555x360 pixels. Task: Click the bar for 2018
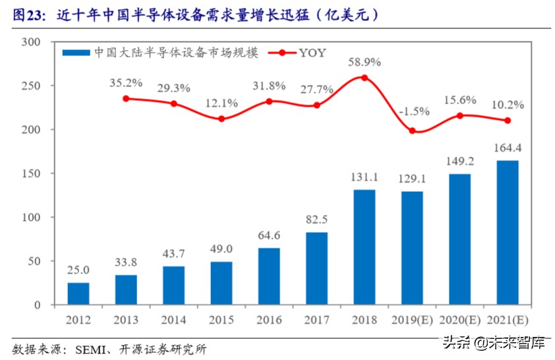pyautogui.click(x=365, y=247)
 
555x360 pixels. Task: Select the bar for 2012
pyautogui.click(x=78, y=293)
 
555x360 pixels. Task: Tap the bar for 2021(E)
pyautogui.click(x=508, y=233)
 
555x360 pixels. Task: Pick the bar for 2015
pyautogui.click(x=221, y=283)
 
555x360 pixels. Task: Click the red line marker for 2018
pyautogui.click(x=365, y=78)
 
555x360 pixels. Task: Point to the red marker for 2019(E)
pyautogui.click(x=412, y=131)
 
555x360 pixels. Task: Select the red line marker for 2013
pyautogui.click(x=126, y=98)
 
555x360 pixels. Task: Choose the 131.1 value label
pyautogui.click(x=365, y=178)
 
